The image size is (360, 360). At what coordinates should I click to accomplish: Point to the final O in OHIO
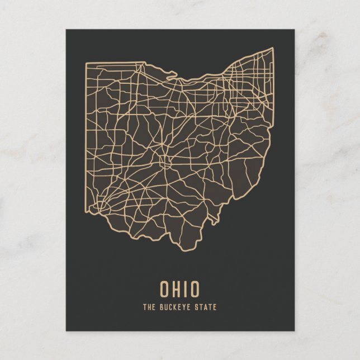[193, 288]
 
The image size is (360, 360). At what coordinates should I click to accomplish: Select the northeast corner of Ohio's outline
[273, 48]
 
